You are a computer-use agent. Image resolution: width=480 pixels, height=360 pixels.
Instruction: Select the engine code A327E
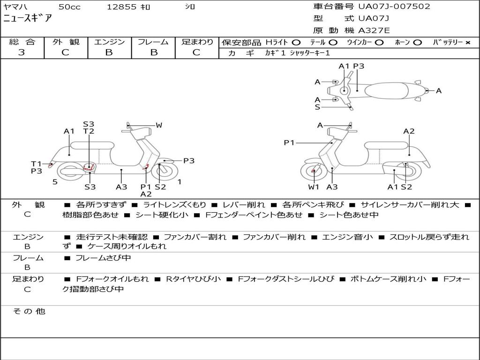[374, 30]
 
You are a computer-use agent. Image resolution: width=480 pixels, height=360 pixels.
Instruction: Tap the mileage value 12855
[121, 7]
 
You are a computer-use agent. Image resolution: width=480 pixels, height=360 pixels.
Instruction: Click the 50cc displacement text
[69, 7]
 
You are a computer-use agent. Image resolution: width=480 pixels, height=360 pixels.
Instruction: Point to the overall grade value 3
[22, 52]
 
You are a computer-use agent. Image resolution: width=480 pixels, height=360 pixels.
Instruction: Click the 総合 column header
[22, 42]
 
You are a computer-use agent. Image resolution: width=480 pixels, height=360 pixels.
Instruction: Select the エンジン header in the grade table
[109, 42]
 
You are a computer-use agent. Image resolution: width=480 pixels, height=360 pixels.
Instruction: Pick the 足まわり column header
[197, 42]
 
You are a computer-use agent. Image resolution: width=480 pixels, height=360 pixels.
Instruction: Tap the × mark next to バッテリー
[468, 43]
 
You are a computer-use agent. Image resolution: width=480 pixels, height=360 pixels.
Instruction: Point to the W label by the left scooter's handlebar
[159, 125]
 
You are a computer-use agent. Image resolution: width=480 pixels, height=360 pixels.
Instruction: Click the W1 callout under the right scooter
[314, 187]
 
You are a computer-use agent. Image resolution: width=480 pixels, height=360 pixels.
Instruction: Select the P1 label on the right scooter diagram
[289, 142]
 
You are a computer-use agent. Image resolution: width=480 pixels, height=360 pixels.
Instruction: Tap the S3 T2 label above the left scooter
[89, 127]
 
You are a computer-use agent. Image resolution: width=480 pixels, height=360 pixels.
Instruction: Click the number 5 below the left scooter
[55, 182]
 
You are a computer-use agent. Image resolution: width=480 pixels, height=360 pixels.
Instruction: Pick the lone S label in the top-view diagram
[317, 107]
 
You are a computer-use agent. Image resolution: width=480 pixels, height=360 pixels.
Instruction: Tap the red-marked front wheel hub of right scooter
[313, 172]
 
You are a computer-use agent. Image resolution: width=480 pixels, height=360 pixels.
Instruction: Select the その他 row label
[29, 311]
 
